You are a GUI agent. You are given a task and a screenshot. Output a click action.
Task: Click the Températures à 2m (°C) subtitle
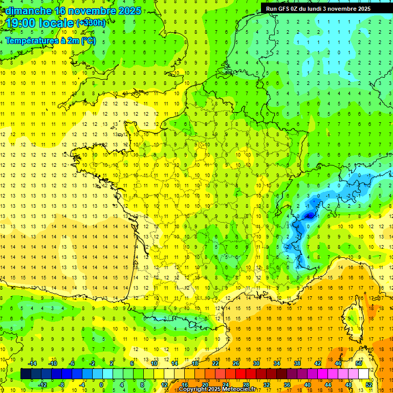pos(51,40)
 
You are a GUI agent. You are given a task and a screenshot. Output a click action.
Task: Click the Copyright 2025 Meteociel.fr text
pos(217,389)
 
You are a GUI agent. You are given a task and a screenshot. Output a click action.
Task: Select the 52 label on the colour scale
pos(369,385)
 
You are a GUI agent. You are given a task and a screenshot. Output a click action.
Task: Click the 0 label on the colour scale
pos(101,385)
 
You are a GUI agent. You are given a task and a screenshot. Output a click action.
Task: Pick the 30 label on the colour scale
pos(256,363)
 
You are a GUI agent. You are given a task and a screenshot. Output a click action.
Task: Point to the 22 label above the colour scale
pos(215,363)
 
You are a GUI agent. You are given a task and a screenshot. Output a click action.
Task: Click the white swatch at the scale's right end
pos(364,374)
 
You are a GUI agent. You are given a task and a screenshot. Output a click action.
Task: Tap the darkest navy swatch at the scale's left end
pos(26,374)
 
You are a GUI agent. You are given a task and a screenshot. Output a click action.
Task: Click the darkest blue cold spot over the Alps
pos(309,216)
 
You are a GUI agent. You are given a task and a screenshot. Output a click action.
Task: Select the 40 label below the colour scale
pos(308,385)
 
